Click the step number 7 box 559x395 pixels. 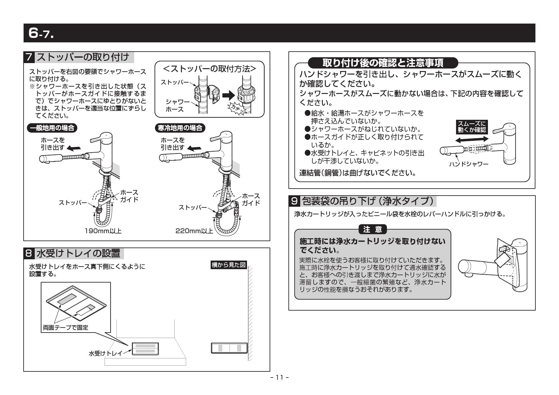point(29,57)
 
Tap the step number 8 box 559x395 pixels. point(29,253)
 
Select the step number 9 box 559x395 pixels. point(294,201)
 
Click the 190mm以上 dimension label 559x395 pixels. point(103,231)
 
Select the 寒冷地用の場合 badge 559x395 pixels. point(180,128)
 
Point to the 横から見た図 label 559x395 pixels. point(229,265)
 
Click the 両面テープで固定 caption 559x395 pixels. point(65,327)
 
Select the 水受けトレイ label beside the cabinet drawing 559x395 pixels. point(105,354)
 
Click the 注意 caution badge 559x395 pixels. point(373,229)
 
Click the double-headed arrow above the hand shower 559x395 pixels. point(472,140)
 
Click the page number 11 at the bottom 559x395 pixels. point(279,377)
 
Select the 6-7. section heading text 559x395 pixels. point(41,33)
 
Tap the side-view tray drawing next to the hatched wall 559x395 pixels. point(229,348)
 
